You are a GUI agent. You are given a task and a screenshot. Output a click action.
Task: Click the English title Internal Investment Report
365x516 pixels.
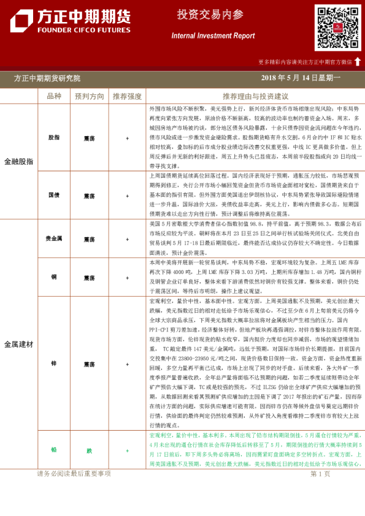click(x=213, y=36)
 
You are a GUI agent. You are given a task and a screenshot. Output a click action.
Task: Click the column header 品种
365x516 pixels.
click(x=54, y=97)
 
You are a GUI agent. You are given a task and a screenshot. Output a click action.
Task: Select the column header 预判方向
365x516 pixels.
click(x=90, y=97)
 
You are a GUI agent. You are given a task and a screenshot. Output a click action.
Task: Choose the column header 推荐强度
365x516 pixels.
click(x=127, y=97)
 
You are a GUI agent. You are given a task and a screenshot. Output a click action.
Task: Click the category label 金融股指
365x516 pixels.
click(x=19, y=161)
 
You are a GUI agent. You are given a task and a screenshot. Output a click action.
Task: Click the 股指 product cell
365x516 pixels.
click(x=54, y=138)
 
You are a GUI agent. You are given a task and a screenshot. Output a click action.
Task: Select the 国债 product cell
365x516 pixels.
click(x=54, y=195)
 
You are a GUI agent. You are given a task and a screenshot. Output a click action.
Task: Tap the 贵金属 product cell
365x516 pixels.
click(x=54, y=239)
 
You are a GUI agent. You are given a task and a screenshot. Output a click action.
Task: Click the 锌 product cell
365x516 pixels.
click(x=54, y=363)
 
